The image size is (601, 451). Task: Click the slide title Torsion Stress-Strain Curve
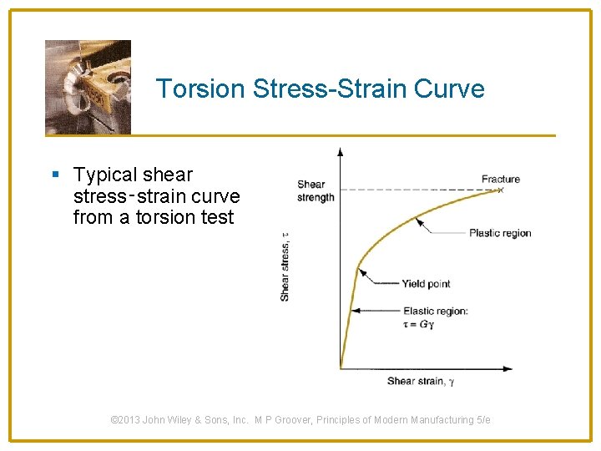click(320, 89)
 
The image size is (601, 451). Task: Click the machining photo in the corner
click(88, 87)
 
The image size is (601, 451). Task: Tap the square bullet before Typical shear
click(55, 175)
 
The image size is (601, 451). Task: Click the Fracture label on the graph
click(500, 179)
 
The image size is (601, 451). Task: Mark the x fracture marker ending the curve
click(501, 190)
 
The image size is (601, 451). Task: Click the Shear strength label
click(315, 191)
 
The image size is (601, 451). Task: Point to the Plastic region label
click(499, 233)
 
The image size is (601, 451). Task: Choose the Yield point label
click(426, 284)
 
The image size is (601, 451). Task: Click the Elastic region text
click(435, 311)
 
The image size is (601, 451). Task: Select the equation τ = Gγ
click(418, 324)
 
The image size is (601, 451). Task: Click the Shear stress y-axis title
click(285, 266)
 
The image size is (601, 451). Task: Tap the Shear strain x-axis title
click(420, 382)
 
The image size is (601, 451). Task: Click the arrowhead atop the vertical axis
click(340, 151)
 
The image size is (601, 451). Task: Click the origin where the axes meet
click(341, 368)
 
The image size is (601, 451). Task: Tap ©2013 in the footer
click(126, 420)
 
